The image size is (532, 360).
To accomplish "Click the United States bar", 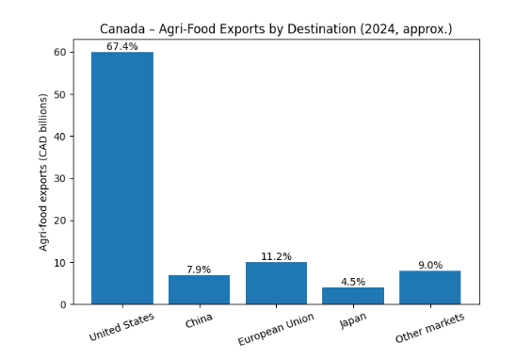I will point(122,178).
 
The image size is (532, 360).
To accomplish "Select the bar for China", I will point(199,289).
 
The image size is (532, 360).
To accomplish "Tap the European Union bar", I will point(276,283).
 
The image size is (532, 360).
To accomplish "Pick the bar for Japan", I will point(353,295).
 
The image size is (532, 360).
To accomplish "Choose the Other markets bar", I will point(429,287).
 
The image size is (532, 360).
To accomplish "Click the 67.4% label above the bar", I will point(122,46).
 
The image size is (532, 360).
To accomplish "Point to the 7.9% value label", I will point(199,270).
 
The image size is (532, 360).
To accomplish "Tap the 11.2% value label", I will point(276,256).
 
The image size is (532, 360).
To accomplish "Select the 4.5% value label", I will point(353,281).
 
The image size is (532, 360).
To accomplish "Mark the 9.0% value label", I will point(429,266).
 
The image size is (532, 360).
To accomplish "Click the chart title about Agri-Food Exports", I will point(276,29).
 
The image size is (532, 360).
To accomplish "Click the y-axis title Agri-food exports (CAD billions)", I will point(43,173).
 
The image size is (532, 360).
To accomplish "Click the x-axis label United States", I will point(121,327).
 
